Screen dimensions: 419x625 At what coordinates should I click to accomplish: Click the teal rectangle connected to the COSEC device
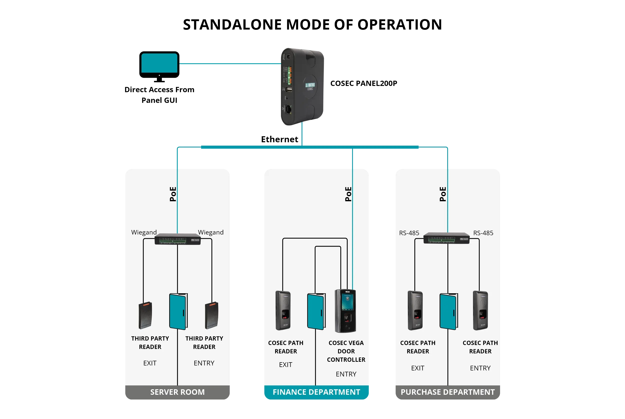(x=159, y=63)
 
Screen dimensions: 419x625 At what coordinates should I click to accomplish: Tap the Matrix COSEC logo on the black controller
(x=310, y=86)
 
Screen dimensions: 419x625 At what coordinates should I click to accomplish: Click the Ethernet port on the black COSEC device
(x=288, y=109)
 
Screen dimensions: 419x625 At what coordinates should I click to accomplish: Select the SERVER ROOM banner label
(x=177, y=392)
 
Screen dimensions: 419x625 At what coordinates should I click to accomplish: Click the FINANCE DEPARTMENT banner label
(x=316, y=392)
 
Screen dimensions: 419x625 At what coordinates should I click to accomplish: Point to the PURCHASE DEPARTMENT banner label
(x=448, y=392)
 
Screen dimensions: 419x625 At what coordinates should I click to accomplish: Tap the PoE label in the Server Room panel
(x=173, y=194)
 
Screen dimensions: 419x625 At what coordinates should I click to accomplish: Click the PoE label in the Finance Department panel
(x=348, y=194)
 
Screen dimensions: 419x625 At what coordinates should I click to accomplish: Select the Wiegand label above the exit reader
(x=144, y=232)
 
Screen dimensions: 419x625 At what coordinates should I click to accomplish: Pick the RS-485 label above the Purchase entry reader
(x=483, y=233)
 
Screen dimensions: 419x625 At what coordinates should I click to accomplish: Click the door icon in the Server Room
(x=178, y=311)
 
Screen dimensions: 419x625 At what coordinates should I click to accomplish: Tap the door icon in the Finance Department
(x=316, y=311)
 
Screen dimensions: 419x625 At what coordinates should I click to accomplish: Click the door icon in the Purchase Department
(x=449, y=311)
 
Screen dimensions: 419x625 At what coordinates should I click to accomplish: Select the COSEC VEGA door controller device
(x=345, y=311)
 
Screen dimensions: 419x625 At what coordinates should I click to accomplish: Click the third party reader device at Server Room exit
(x=145, y=315)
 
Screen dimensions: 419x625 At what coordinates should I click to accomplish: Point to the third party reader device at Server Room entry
(x=211, y=315)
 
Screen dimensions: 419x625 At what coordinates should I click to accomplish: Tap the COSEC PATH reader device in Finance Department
(x=283, y=310)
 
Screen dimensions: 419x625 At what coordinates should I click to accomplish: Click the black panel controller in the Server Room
(x=178, y=239)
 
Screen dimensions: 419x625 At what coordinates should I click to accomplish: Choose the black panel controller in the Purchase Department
(x=446, y=238)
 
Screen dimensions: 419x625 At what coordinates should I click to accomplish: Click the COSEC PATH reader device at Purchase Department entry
(x=481, y=310)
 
